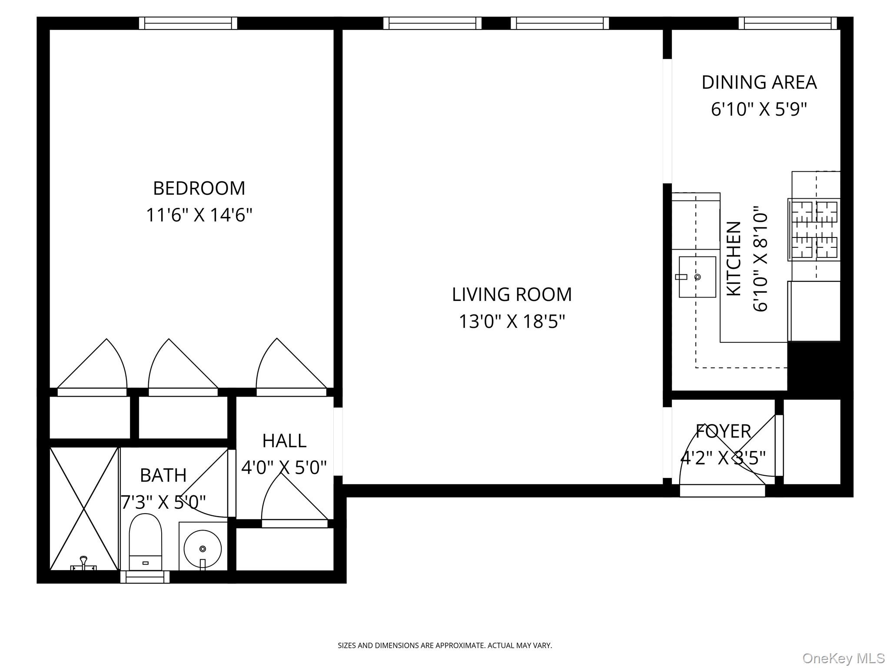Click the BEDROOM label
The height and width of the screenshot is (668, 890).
coord(199,188)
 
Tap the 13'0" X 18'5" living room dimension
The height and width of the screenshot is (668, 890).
coord(512,322)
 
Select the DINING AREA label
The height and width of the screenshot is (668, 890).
coord(759,83)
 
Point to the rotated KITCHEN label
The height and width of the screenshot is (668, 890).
coord(734,259)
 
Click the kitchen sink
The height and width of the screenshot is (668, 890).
coord(697,277)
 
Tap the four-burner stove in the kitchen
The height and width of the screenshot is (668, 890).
coord(814,230)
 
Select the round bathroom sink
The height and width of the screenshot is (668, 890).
coord(203,549)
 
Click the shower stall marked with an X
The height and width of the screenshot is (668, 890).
coord(84,508)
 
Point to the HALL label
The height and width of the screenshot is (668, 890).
coord(284,441)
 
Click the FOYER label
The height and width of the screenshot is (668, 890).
coord(723,431)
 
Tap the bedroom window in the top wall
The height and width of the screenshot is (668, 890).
coord(188,23)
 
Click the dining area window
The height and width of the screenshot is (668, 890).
coord(787,23)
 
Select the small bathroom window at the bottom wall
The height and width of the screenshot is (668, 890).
coord(145,577)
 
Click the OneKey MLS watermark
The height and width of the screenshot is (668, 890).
coord(843,658)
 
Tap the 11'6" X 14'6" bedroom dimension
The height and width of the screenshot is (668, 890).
coord(199,215)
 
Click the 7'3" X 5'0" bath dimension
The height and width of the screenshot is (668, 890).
coord(163,503)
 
